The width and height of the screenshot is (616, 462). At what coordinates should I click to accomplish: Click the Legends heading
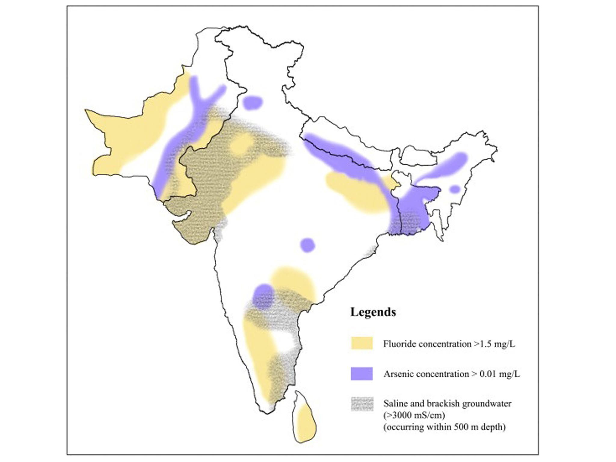[373, 312]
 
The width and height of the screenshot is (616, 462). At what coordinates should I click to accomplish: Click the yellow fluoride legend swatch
[362, 343]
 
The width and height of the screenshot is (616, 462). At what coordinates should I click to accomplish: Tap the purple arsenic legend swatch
[362, 374]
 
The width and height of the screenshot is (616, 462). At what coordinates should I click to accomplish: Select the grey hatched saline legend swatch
[362, 404]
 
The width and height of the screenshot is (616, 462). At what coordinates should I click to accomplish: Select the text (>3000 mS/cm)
[414, 415]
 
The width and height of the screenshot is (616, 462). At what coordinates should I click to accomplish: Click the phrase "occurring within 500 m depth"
[445, 427]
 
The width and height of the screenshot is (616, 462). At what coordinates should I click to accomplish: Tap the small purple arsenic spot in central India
[307, 245]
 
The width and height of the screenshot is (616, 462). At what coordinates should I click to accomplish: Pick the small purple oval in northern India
[252, 103]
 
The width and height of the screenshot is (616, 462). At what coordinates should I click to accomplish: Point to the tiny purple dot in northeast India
[455, 189]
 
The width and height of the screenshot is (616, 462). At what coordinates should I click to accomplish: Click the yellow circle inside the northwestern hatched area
[241, 144]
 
